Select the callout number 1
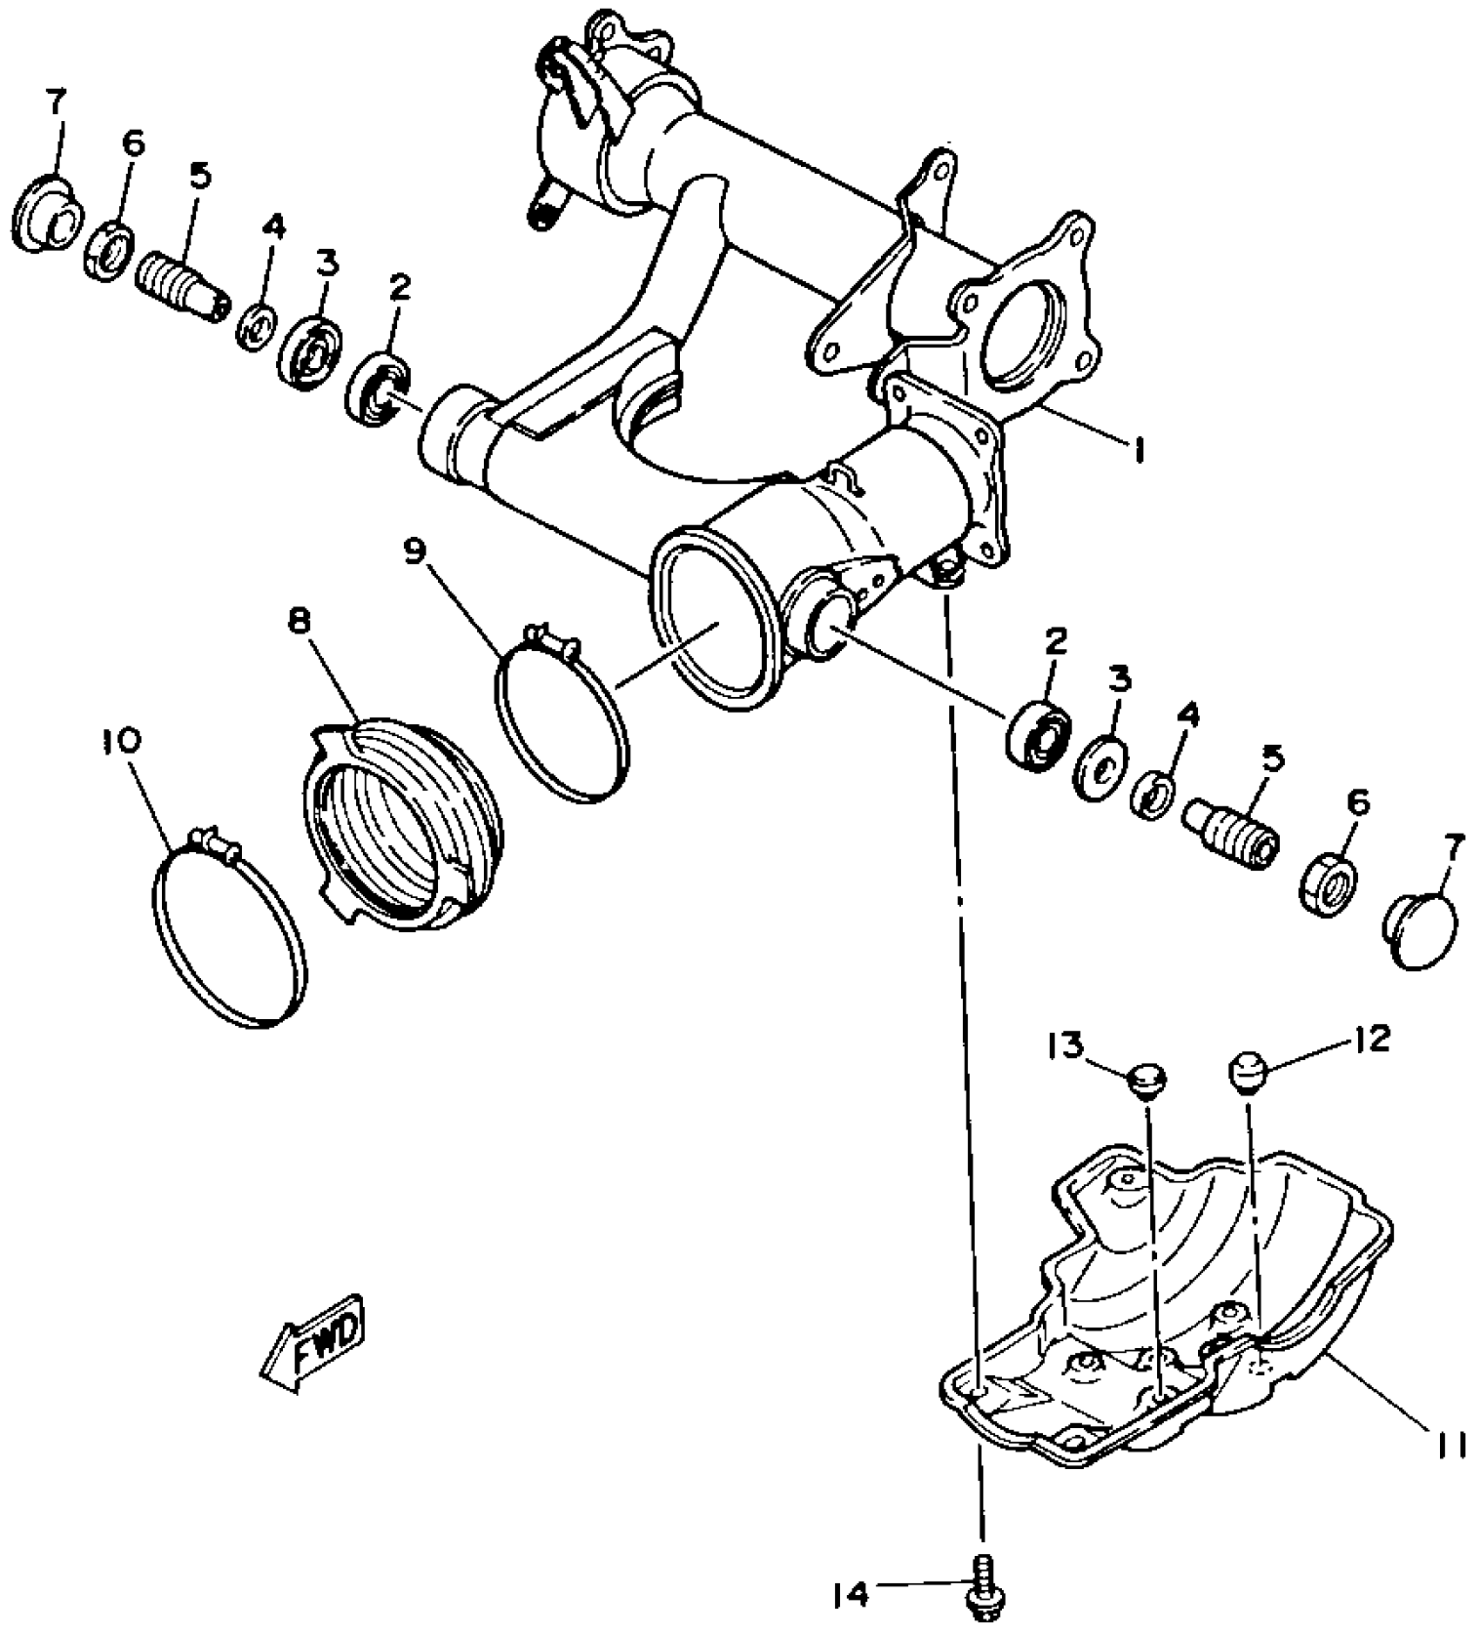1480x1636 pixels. click(1137, 450)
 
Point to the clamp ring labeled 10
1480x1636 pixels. click(228, 931)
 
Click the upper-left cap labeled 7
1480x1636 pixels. click(48, 214)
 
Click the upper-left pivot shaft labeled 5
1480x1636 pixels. click(181, 285)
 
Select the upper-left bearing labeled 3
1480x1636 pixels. click(309, 351)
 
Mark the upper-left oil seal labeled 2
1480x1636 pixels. click(380, 387)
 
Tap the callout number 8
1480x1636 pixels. click(299, 622)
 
